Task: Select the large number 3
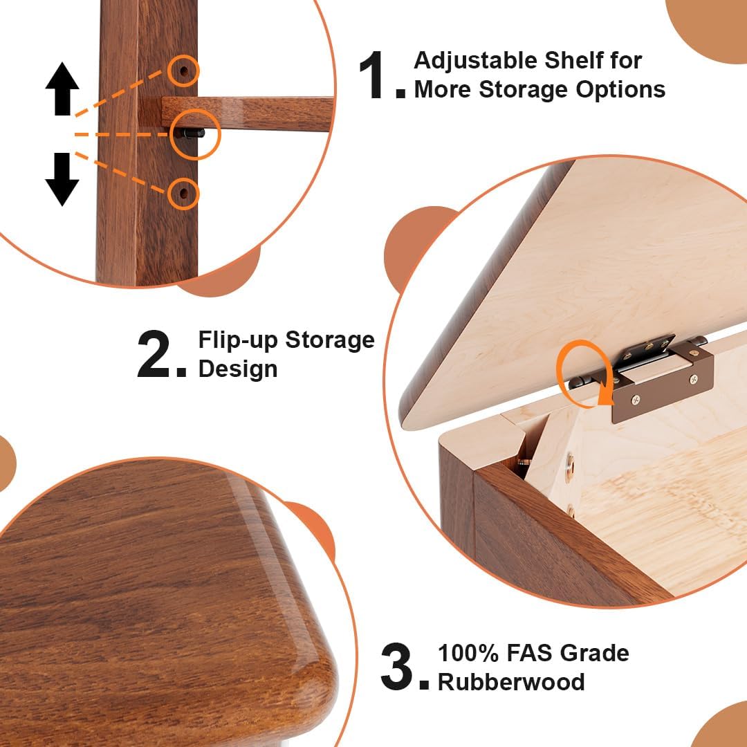pos(397,667)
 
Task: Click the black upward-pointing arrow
pos(62,89)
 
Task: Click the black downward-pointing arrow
pos(62,178)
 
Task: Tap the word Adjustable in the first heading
pos(472,61)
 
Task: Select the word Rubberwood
pos(511,682)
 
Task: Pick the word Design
pos(238,369)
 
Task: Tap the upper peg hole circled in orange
pos(183,71)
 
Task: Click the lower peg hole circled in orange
pos(183,193)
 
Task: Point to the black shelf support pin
pos(194,133)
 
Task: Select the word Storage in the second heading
pos(330,340)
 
